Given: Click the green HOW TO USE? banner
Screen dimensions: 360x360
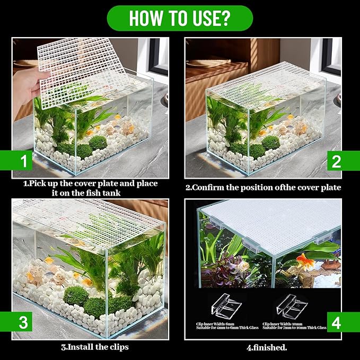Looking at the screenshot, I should tap(180, 18).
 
